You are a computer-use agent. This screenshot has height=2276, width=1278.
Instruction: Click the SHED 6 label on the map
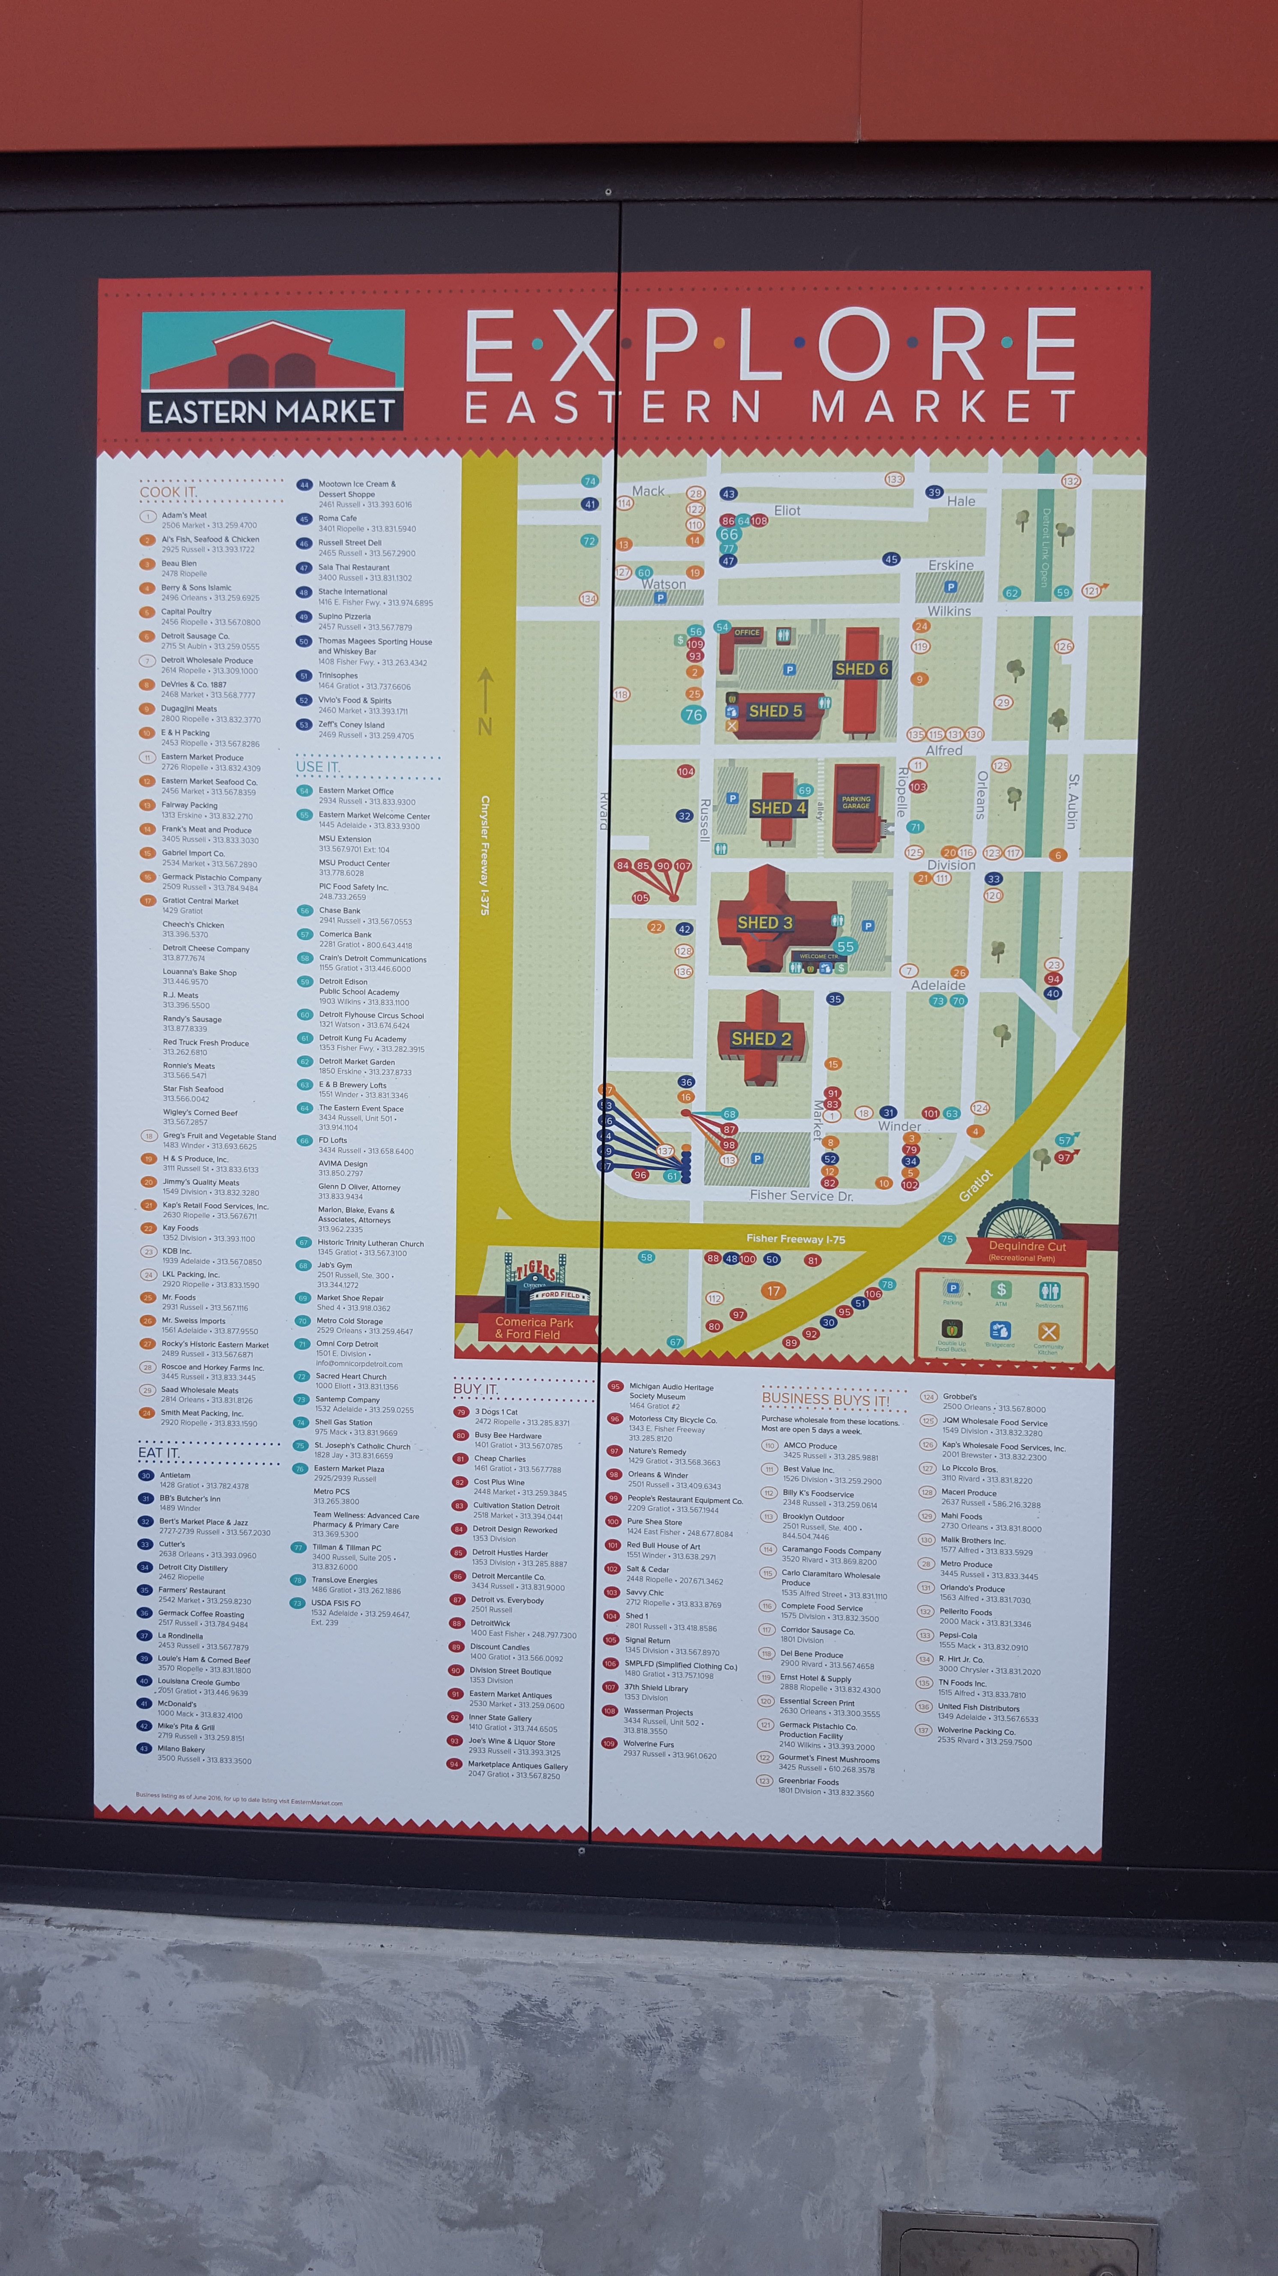pyautogui.click(x=861, y=669)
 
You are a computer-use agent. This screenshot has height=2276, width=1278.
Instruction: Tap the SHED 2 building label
pyautogui.click(x=761, y=1039)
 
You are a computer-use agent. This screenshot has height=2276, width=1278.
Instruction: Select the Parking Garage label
pyautogui.click(x=856, y=802)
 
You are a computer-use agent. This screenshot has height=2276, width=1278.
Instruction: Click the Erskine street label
pyautogui.click(x=950, y=566)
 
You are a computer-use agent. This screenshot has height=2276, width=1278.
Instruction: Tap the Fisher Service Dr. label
pyautogui.click(x=801, y=1195)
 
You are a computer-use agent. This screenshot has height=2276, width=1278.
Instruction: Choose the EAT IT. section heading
pyautogui.click(x=159, y=1452)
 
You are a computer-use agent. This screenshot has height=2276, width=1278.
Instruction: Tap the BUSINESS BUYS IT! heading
pyautogui.click(x=825, y=1399)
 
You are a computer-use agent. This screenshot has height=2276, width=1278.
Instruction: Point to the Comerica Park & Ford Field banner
pyautogui.click(x=534, y=1328)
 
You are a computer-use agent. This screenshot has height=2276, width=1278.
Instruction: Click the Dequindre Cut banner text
pyautogui.click(x=1027, y=1247)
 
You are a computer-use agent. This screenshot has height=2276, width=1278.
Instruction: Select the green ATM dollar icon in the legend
pyautogui.click(x=1000, y=1291)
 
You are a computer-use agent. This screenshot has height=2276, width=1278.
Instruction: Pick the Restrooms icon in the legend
pyautogui.click(x=1048, y=1291)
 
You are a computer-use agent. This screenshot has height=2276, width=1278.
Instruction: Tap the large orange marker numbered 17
pyautogui.click(x=773, y=1291)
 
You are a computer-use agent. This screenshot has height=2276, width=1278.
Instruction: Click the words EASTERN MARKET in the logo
pyautogui.click(x=271, y=412)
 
